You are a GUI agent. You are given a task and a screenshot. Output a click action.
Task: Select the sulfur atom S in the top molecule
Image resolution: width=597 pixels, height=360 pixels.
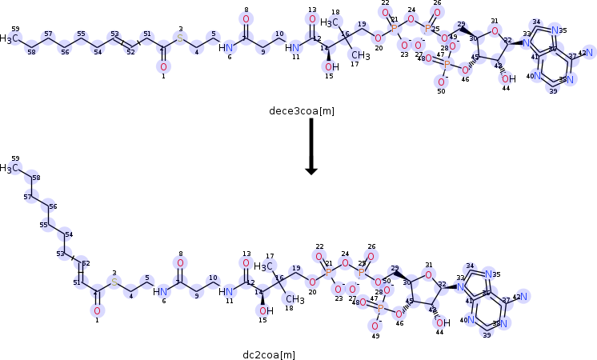(x=180, y=38)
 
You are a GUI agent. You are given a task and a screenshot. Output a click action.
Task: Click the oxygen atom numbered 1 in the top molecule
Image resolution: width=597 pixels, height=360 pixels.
(x=163, y=66)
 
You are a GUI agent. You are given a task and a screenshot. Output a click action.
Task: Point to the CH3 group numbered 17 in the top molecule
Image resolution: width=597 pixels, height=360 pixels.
(x=360, y=56)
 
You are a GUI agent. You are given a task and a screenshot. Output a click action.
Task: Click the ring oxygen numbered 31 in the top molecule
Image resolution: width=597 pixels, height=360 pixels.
(x=495, y=31)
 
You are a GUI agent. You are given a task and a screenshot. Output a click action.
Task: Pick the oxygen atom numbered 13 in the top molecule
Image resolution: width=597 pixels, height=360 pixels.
(x=312, y=18)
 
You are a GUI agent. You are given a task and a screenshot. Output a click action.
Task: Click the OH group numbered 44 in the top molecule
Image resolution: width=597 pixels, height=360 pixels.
(x=506, y=78)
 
